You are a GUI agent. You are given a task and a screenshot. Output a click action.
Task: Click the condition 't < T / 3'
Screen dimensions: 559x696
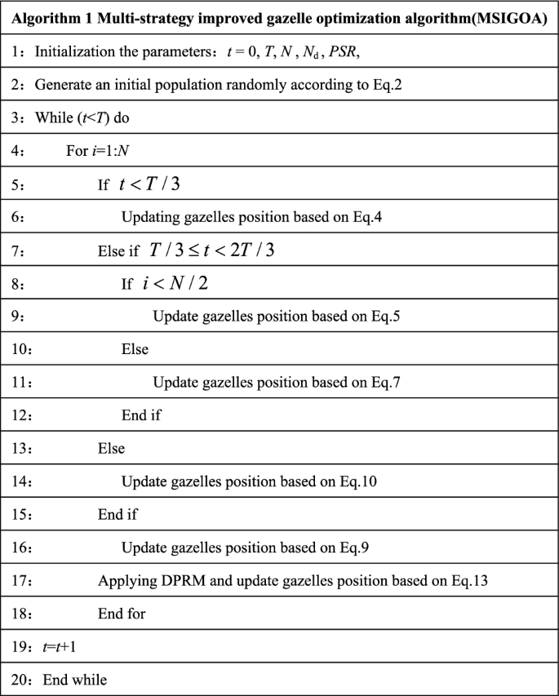[150, 184]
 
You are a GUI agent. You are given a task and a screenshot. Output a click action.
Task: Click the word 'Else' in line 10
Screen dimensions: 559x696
[135, 348]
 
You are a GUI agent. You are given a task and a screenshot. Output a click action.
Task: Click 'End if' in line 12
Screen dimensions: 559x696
[141, 414]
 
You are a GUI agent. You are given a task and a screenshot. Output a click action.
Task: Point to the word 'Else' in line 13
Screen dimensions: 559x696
[111, 448]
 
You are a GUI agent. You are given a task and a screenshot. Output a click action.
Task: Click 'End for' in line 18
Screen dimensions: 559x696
[122, 613]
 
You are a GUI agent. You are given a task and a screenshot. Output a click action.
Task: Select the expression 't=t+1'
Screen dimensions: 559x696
[54, 646]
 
